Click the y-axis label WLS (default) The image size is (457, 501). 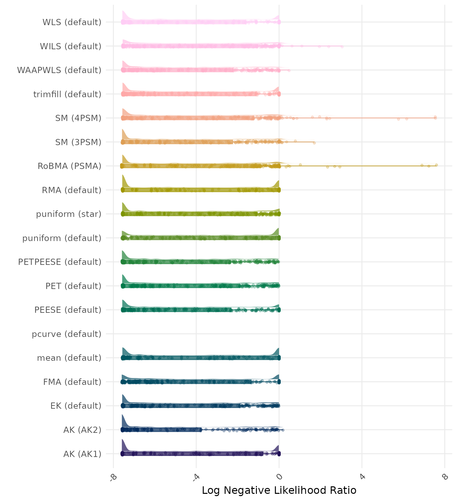click(72, 22)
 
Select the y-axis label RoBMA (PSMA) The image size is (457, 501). click(69, 166)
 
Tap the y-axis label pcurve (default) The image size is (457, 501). click(67, 334)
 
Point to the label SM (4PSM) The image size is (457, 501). click(78, 118)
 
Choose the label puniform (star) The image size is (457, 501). click(69, 214)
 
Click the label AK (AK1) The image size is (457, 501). click(82, 454)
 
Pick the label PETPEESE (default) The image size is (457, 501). click(60, 262)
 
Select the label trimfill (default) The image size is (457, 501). click(67, 94)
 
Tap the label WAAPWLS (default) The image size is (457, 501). click(59, 70)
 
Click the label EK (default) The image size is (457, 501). click(76, 406)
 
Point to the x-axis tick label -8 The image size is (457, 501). click(113, 478)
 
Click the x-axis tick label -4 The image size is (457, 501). click(196, 478)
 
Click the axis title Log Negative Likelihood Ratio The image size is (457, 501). click(279, 490)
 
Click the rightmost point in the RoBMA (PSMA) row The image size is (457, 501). click(436, 165)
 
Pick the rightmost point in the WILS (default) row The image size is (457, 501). click(342, 47)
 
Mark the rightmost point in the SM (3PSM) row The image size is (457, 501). click(314, 143)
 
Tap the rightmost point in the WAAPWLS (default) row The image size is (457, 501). click(289, 70)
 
